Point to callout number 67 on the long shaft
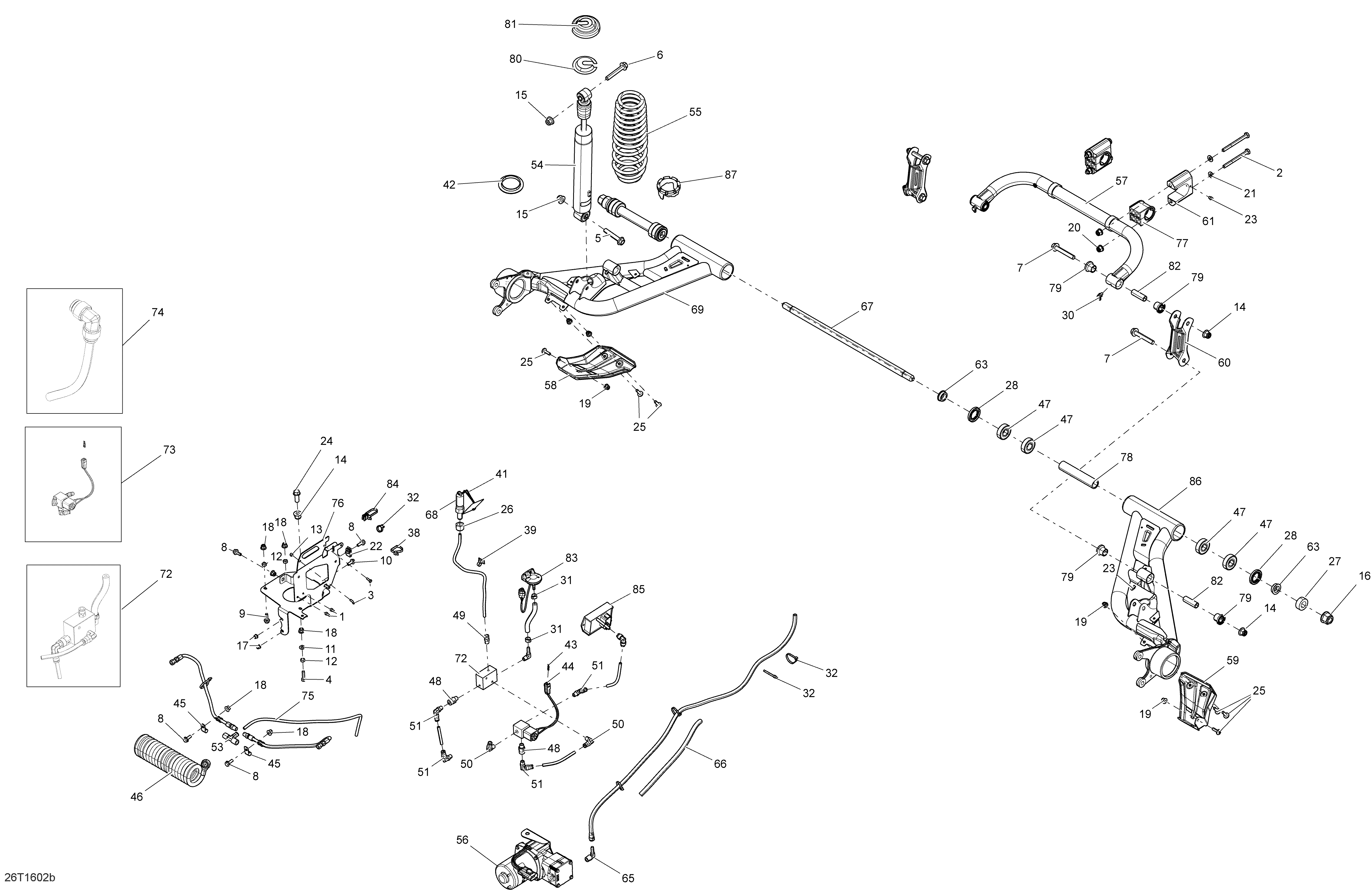click(866, 307)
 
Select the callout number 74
click(157, 312)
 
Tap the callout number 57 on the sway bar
click(1121, 181)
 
